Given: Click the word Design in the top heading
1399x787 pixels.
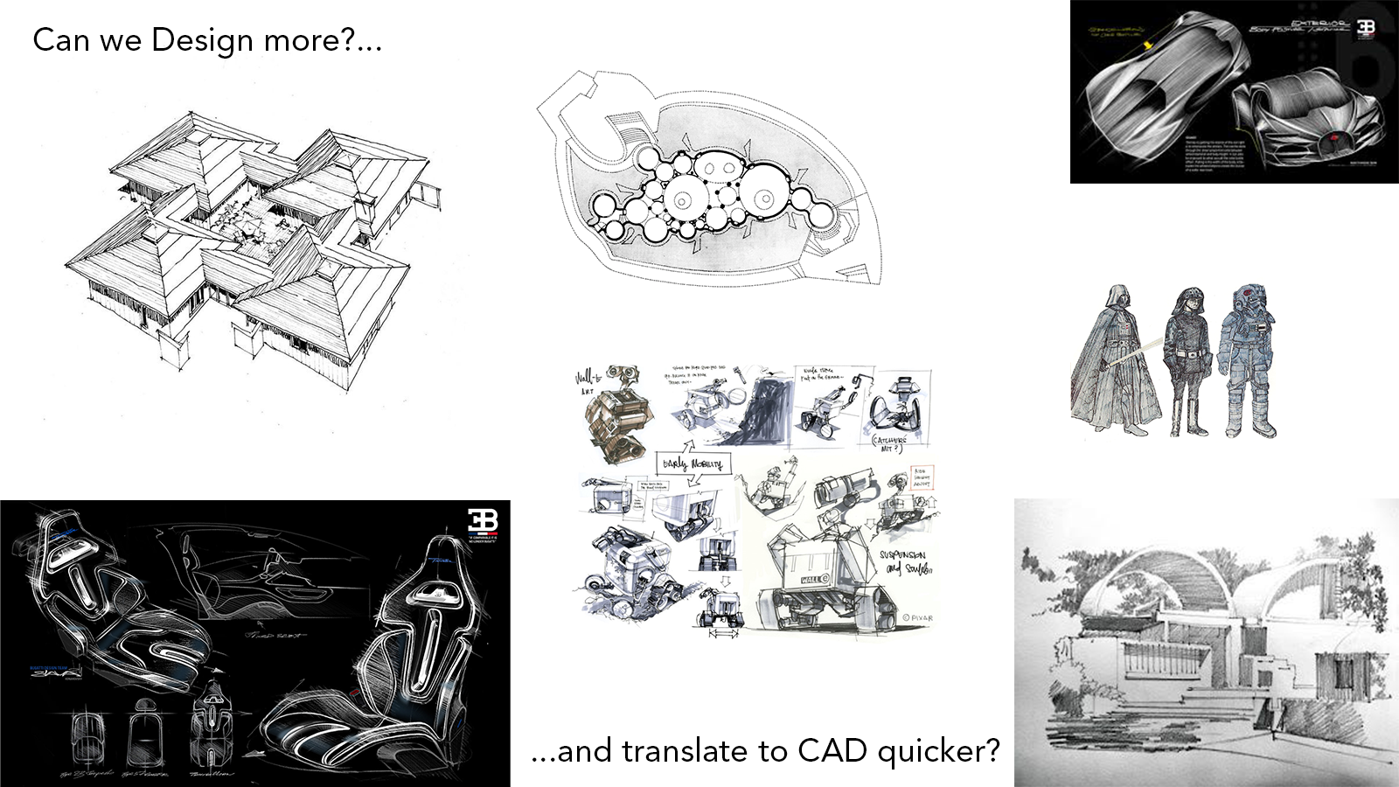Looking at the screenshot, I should click(202, 40).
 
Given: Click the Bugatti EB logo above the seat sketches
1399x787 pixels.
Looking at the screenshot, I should click(482, 521).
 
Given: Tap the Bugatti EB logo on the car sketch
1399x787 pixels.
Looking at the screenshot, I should click(1366, 28).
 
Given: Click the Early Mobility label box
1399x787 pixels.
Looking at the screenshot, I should click(693, 463).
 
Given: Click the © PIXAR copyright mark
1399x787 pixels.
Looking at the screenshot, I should click(916, 617).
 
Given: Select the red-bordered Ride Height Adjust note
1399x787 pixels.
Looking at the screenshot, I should click(922, 477).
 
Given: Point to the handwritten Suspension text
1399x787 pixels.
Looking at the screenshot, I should click(901, 554).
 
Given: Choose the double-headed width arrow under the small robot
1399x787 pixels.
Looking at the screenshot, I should click(723, 633).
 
